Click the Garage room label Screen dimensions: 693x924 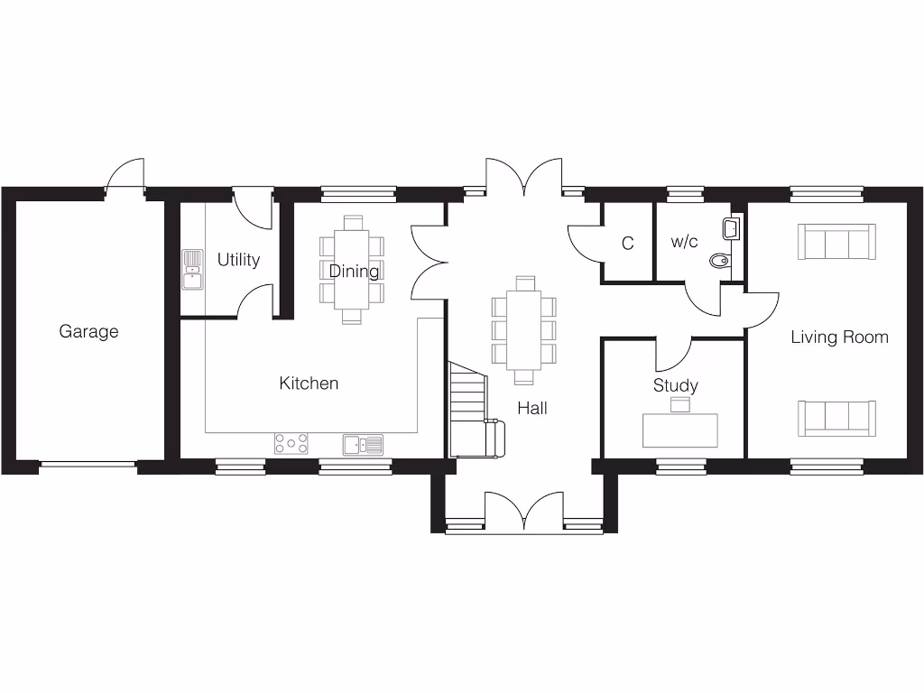pos(88,331)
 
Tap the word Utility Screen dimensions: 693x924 pos(238,260)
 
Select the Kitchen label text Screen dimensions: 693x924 pos(309,383)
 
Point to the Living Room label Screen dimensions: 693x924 pos(839,337)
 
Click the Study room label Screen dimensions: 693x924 pos(675,386)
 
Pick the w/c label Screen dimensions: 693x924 pos(684,243)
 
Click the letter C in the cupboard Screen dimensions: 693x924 pos(627,244)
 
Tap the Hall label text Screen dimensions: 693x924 pos(531,409)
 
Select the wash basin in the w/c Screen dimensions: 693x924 pos(732,228)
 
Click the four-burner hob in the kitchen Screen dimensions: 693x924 pos(291,443)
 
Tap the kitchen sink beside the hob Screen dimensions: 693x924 pos(362,444)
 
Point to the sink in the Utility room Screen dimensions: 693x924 pos(192,269)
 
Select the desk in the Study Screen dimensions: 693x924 pos(680,430)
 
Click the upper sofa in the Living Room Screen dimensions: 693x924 pos(836,241)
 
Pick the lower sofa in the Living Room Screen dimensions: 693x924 pos(836,416)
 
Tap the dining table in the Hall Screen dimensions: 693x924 pos(523,329)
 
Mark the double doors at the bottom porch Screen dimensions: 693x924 pos(524,510)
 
